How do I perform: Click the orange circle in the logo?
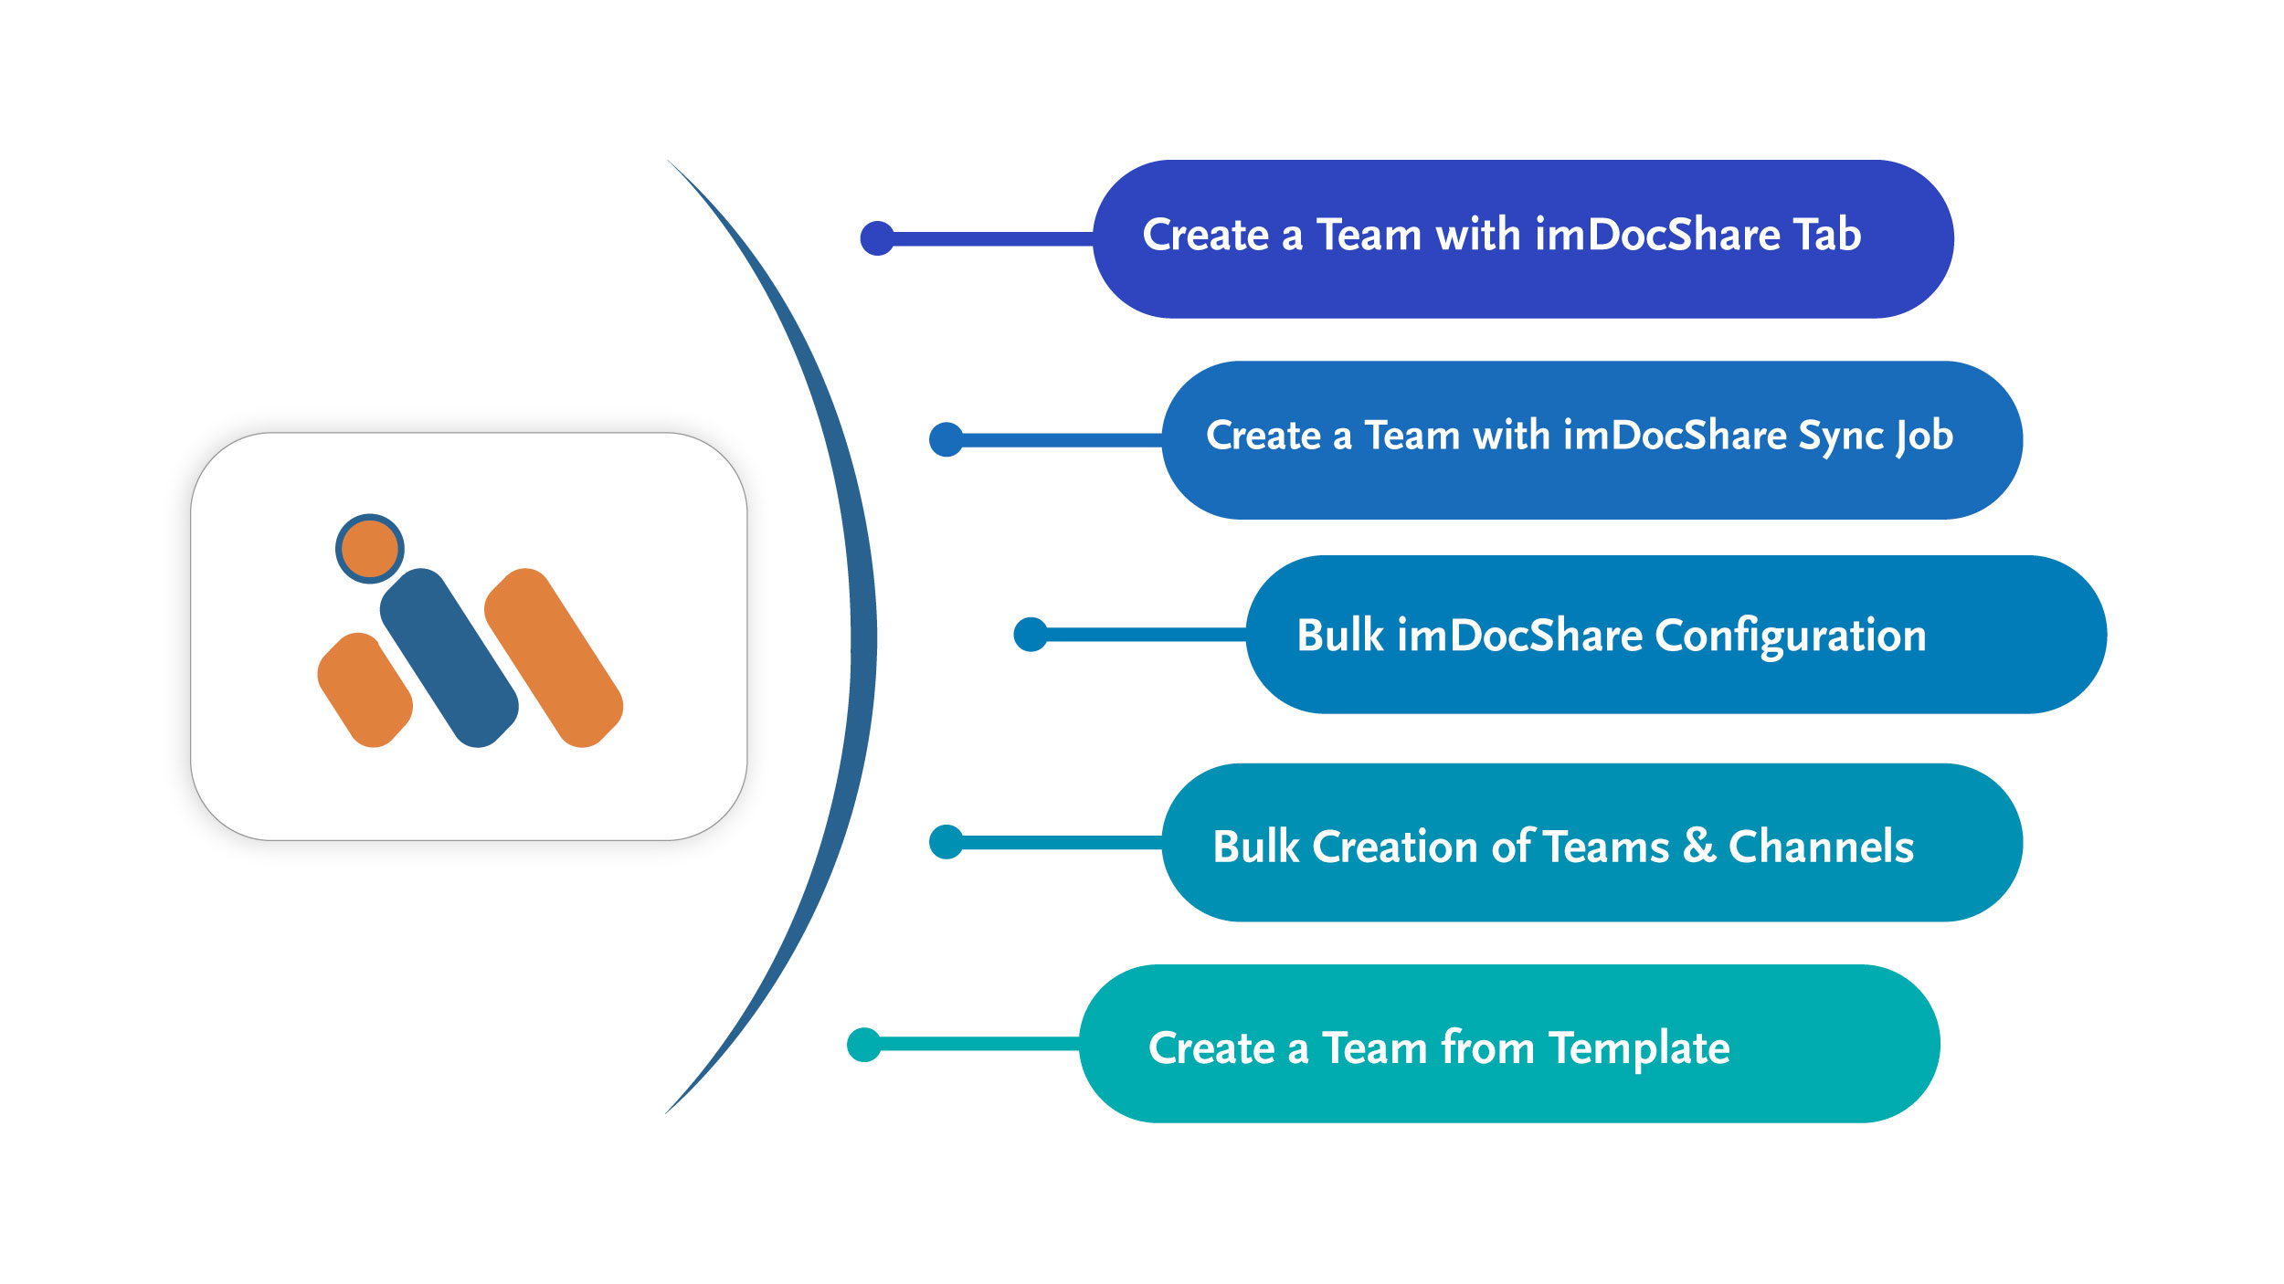tap(369, 548)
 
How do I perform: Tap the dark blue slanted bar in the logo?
tap(449, 658)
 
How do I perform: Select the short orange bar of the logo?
tap(365, 689)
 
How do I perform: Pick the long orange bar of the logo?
tap(554, 658)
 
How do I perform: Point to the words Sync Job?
tap(1876, 436)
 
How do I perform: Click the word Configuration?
tap(1791, 637)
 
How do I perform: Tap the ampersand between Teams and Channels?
tap(1698, 845)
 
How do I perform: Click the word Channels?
tap(1821, 846)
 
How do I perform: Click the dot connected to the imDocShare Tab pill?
tap(878, 238)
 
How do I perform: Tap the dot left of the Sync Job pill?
tap(946, 439)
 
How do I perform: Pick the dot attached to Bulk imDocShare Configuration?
tap(1031, 634)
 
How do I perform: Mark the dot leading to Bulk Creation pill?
tap(946, 842)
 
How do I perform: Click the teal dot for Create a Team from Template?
tap(864, 1045)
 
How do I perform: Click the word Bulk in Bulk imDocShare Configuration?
tap(1340, 635)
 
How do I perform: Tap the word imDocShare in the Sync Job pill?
tap(1675, 435)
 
